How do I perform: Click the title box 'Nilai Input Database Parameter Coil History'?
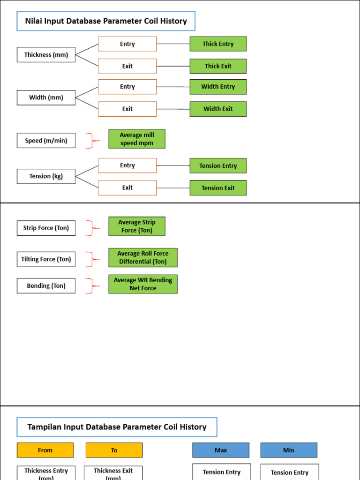click(x=105, y=21)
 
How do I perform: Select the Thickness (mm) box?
click(x=46, y=55)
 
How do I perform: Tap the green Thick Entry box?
click(x=218, y=44)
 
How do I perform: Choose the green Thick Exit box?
click(x=218, y=66)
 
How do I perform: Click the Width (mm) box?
click(x=46, y=97)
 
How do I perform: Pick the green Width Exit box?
click(x=218, y=109)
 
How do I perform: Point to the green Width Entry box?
click(x=218, y=87)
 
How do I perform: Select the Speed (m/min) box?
click(x=46, y=141)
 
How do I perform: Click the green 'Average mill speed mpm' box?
click(x=137, y=139)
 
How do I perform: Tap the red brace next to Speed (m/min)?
click(x=92, y=141)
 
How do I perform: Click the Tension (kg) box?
click(x=46, y=176)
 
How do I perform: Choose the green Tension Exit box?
click(x=218, y=188)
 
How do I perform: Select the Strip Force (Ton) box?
click(x=46, y=228)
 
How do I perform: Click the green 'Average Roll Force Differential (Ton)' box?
click(x=143, y=257)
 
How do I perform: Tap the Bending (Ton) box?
click(x=46, y=286)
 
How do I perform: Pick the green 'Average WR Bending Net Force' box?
click(x=143, y=284)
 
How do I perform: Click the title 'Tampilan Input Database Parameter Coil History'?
click(x=117, y=427)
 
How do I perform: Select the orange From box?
click(x=45, y=450)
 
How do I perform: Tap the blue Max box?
click(x=221, y=450)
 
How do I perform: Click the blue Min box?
click(x=289, y=450)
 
